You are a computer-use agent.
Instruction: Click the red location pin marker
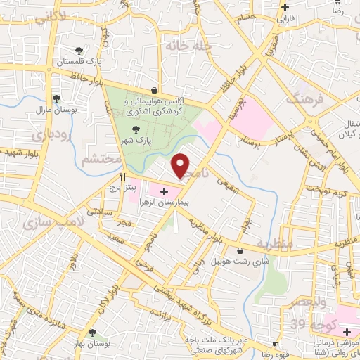click(181, 165)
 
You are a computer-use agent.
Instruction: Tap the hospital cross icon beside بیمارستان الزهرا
click(164, 191)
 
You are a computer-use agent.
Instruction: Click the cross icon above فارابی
click(285, 8)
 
